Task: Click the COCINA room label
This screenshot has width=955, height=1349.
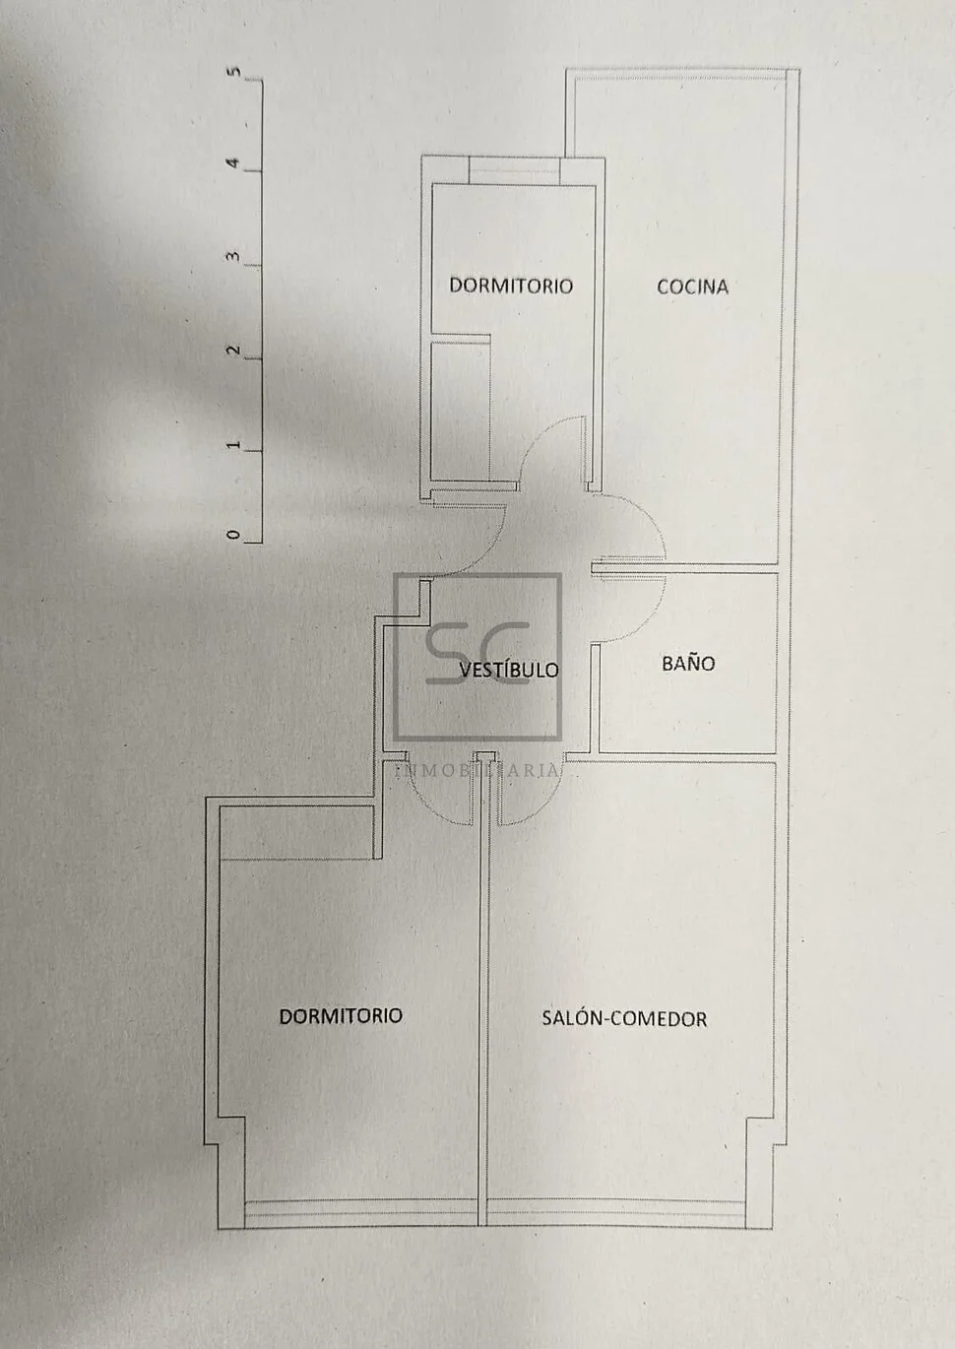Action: point(692,287)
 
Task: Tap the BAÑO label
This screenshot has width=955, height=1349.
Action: point(688,663)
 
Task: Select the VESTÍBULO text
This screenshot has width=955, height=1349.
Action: point(508,670)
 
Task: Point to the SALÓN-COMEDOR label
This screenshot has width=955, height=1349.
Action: point(624,1018)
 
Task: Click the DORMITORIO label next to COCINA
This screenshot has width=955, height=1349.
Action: point(510,286)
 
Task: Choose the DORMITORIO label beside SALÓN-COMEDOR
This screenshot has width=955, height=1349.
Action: point(341,1015)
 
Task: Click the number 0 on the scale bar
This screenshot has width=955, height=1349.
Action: point(233,535)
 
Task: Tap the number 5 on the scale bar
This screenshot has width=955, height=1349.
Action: point(233,72)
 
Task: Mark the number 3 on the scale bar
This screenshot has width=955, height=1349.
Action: point(233,257)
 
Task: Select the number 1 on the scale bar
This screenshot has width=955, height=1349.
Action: point(233,445)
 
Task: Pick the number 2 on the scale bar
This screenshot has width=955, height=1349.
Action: point(233,351)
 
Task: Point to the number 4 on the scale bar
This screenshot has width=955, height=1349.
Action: point(233,163)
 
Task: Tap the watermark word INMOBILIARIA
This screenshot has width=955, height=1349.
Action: point(478,771)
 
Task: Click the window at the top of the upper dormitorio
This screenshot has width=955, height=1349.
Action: point(512,169)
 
